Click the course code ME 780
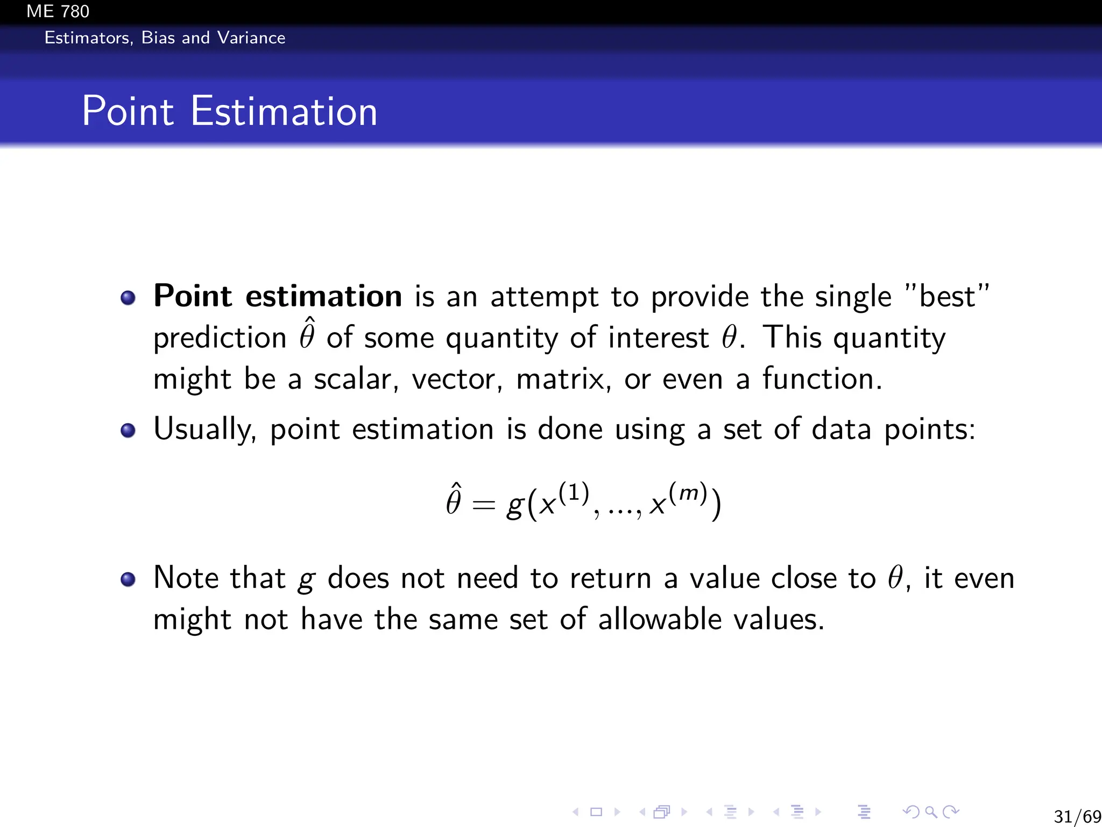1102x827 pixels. pyautogui.click(x=58, y=11)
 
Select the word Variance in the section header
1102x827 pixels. pyautogui.click(x=251, y=38)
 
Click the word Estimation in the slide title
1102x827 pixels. pyautogui.click(x=284, y=111)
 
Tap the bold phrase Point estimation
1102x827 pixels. pyautogui.click(x=277, y=296)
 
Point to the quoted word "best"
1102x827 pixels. pyautogui.click(x=946, y=296)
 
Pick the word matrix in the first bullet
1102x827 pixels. pyautogui.click(x=563, y=379)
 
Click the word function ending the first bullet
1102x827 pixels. pyautogui.click(x=822, y=379)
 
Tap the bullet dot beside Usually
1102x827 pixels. pyautogui.click(x=128, y=431)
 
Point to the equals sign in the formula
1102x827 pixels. pyautogui.click(x=483, y=505)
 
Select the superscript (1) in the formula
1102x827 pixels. pyautogui.click(x=574, y=493)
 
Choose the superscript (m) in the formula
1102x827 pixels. pyautogui.click(x=688, y=493)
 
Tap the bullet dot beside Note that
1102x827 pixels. pyautogui.click(x=128, y=579)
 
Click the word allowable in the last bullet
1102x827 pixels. pyautogui.click(x=659, y=619)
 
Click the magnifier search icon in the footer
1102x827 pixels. pyautogui.click(x=930, y=811)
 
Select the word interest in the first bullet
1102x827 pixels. pyautogui.click(x=658, y=338)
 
